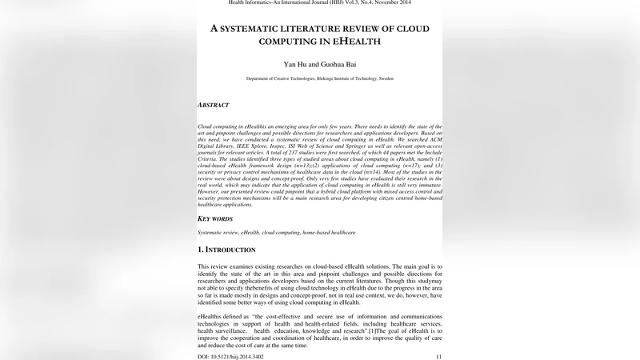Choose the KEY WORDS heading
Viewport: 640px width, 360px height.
216,218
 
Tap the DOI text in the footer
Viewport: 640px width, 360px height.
230,356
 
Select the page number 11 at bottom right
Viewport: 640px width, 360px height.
438,356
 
